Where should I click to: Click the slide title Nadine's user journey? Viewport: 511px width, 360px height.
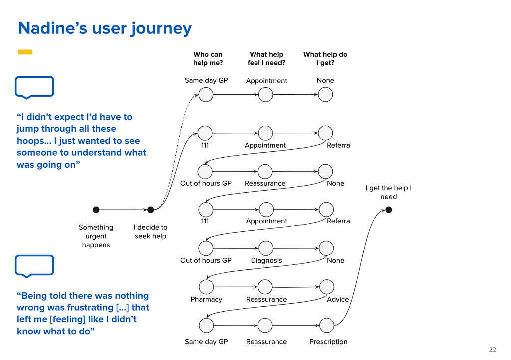click(105, 28)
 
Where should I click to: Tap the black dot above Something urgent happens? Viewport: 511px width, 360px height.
click(96, 210)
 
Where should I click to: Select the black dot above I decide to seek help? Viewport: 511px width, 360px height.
click(151, 210)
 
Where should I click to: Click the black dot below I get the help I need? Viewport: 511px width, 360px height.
click(389, 210)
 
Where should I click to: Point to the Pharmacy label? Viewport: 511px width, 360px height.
click(206, 299)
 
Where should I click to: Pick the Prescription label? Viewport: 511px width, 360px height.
click(328, 342)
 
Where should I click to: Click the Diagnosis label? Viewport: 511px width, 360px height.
click(266, 260)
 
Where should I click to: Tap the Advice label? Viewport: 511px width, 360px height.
click(338, 299)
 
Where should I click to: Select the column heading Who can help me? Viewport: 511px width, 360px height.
click(208, 59)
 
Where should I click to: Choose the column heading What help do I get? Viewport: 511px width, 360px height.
click(325, 59)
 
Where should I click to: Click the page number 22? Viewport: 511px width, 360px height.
click(493, 349)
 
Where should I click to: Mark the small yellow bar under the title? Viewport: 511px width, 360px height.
click(25, 52)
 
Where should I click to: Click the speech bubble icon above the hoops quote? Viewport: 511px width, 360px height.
click(34, 87)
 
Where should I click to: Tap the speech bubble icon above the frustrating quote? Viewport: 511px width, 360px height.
click(34, 265)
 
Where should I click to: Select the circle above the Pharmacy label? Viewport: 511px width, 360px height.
click(206, 287)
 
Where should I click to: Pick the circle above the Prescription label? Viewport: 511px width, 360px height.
click(327, 326)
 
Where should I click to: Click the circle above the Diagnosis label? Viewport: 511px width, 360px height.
click(266, 248)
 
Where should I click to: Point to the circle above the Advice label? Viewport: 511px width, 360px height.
click(327, 286)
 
